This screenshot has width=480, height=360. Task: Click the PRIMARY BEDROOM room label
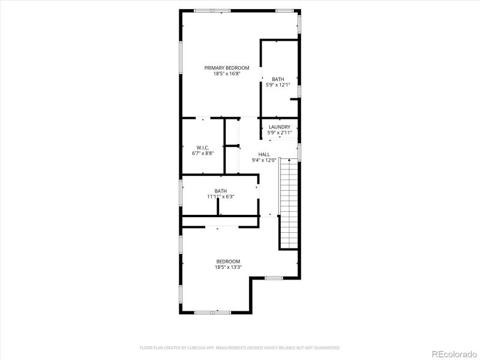pyautogui.click(x=226, y=68)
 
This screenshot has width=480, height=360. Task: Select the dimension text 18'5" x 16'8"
pyautogui.click(x=226, y=74)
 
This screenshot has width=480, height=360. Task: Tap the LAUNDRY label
pyautogui.click(x=280, y=127)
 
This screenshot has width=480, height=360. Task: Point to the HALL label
pyautogui.click(x=264, y=154)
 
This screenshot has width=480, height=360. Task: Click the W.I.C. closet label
pyautogui.click(x=202, y=147)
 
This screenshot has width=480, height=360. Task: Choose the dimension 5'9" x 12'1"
pyautogui.click(x=278, y=85)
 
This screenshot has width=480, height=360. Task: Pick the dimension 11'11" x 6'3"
pyautogui.click(x=221, y=196)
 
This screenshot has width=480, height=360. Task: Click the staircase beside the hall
pyautogui.click(x=289, y=204)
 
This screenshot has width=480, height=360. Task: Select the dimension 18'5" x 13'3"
pyautogui.click(x=228, y=267)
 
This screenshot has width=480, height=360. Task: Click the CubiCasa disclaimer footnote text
pyautogui.click(x=240, y=347)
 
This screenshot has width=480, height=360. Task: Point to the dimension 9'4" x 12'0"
pyautogui.click(x=264, y=160)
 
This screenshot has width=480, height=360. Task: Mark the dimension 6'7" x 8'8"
pyautogui.click(x=202, y=153)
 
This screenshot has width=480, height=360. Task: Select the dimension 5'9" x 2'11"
pyautogui.click(x=280, y=133)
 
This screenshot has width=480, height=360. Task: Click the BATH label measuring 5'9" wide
pyautogui.click(x=278, y=79)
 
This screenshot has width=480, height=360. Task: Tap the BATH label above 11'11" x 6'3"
pyautogui.click(x=221, y=191)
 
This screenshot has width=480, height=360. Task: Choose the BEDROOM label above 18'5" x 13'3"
pyautogui.click(x=228, y=261)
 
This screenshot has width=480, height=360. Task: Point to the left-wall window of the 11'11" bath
pyautogui.click(x=181, y=193)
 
